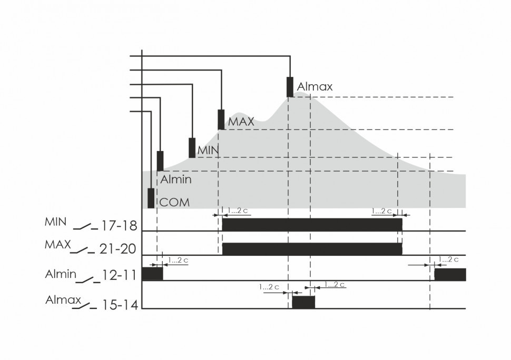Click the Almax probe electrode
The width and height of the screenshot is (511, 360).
(290, 87)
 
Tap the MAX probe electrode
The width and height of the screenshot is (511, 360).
(221, 119)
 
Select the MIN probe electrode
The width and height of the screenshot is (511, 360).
(192, 148)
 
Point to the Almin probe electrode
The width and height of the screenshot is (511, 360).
(160, 161)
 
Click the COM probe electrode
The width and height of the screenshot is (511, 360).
(151, 198)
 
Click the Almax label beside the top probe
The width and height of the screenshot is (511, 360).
(315, 87)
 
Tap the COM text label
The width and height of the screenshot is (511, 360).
(174, 203)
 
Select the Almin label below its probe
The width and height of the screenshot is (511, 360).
(175, 179)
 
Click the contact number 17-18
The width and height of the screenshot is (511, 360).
(119, 226)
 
